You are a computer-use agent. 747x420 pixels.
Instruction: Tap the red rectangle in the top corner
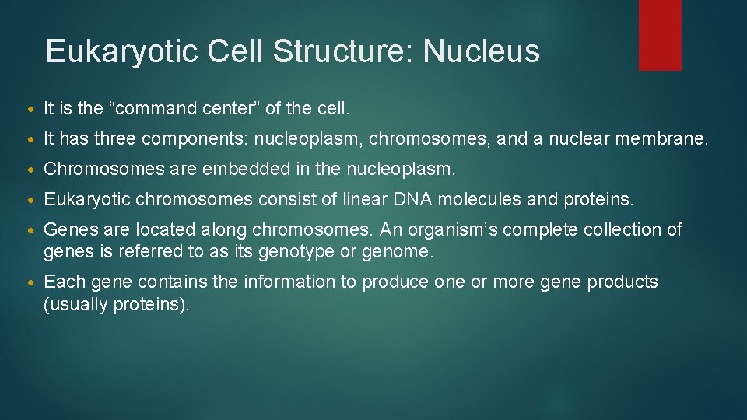660,35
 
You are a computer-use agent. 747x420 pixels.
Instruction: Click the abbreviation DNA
412,200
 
